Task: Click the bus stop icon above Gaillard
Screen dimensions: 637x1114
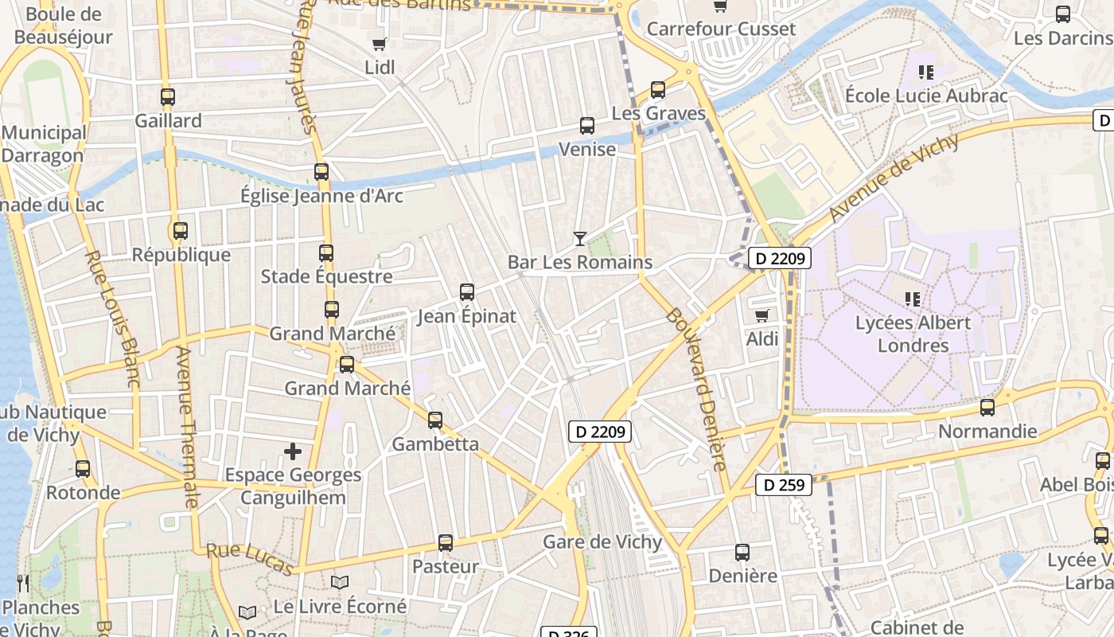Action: click(167, 97)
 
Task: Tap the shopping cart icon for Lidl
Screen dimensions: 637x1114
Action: click(380, 44)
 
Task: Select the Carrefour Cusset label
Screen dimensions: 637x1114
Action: click(721, 29)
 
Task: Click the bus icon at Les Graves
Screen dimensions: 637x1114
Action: click(657, 90)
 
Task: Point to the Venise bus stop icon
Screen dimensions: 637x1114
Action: click(586, 125)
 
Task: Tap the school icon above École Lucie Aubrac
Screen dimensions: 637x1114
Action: click(925, 72)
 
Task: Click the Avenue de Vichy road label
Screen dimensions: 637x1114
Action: click(894, 178)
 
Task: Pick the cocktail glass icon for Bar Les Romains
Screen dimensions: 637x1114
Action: click(579, 238)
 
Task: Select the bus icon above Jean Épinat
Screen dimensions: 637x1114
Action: click(467, 292)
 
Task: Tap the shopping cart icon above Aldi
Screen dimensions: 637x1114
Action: click(761, 315)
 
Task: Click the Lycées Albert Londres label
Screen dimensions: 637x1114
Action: click(913, 334)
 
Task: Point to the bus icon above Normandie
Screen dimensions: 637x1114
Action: click(987, 408)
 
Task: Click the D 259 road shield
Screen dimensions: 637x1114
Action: click(784, 485)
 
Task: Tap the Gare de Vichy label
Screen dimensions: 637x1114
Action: click(602, 542)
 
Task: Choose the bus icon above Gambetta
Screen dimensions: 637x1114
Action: click(435, 420)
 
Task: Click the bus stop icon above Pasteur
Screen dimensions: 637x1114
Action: click(446, 543)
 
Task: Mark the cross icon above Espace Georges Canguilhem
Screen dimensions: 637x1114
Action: click(293, 452)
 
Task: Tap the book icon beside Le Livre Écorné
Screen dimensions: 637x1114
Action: click(340, 583)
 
